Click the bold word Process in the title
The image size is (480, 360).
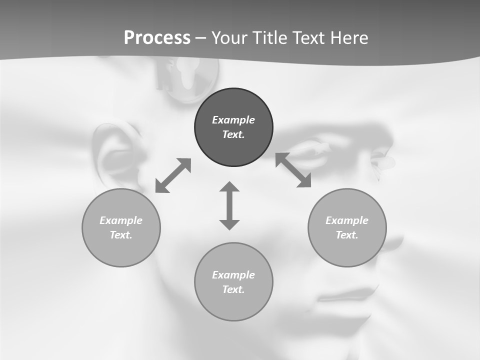click(157, 38)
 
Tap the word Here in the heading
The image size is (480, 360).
click(349, 38)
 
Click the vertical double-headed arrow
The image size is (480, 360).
click(229, 205)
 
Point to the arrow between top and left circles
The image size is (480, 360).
click(173, 175)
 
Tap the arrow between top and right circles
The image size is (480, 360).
click(293, 170)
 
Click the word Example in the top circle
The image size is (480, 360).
click(233, 120)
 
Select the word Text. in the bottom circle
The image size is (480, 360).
click(233, 289)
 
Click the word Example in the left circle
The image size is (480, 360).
click(121, 220)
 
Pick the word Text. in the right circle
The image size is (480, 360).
click(347, 235)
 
